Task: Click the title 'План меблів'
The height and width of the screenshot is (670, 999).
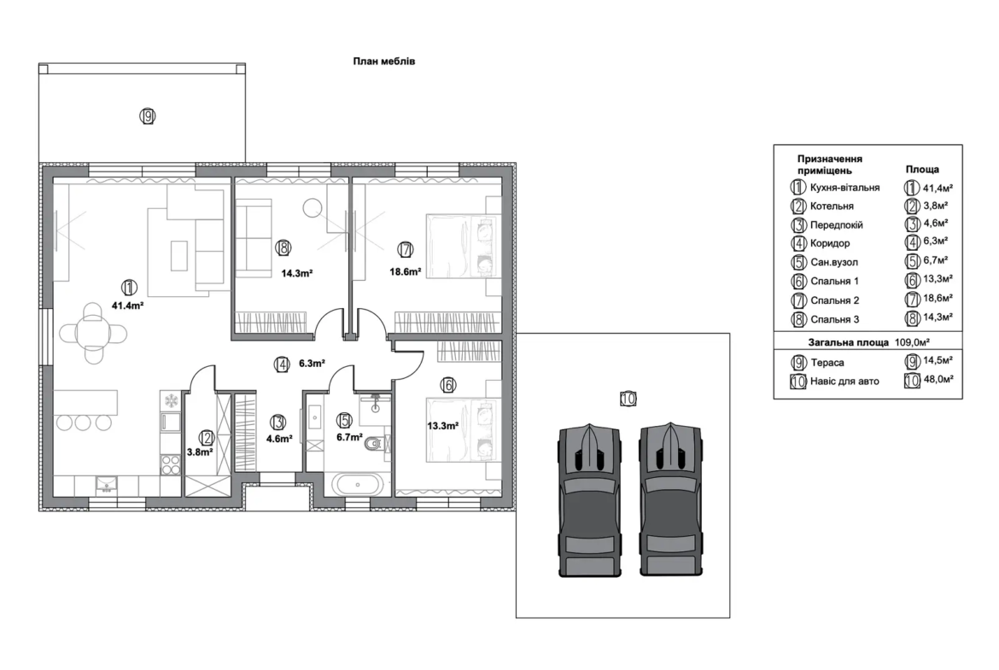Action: pos(384,61)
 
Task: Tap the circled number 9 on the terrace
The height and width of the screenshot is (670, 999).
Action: pos(148,117)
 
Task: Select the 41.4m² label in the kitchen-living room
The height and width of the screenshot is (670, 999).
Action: pos(127,306)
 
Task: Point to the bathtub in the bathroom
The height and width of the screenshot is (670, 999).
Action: pos(358,485)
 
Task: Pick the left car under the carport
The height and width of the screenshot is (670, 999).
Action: pos(589,500)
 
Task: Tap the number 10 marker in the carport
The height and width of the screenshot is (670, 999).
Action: pos(628,399)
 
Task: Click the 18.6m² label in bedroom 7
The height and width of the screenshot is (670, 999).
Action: pos(406,272)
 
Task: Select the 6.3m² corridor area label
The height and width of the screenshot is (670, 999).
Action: pos(313,364)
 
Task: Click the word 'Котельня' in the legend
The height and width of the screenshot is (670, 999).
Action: pos(832,207)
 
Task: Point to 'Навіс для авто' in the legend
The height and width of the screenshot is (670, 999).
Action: pos(844,381)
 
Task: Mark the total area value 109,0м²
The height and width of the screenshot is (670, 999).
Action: pos(913,342)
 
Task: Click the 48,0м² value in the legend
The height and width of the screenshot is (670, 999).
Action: pos(938,380)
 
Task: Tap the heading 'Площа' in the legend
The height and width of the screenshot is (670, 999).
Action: pos(922,169)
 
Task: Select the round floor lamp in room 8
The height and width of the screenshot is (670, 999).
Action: pos(312,208)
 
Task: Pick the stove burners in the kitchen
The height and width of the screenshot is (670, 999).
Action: pos(171,464)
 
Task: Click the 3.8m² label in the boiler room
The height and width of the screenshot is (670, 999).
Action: pos(200,452)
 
